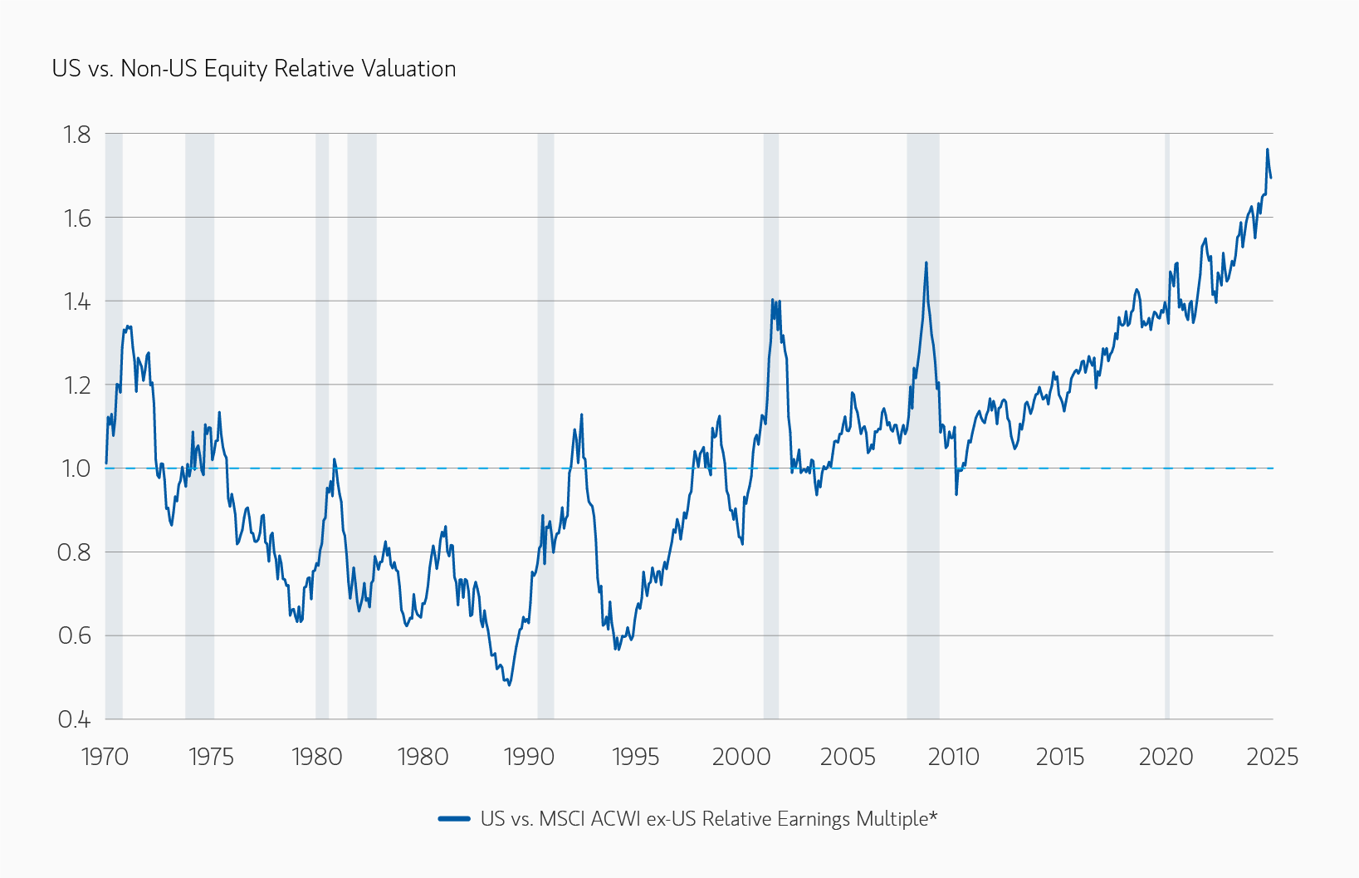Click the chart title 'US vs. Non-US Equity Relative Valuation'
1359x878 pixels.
(x=254, y=68)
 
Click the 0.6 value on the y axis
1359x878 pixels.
(x=74, y=636)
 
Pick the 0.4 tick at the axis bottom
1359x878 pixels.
(x=74, y=720)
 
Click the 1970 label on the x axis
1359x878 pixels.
(x=105, y=757)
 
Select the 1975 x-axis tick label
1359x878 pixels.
(x=211, y=757)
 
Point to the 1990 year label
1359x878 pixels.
(x=529, y=757)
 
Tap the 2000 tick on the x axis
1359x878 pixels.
(x=741, y=757)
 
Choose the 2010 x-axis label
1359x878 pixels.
(x=954, y=757)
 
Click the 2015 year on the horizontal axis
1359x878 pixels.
(x=1060, y=757)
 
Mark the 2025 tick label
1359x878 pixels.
(x=1272, y=757)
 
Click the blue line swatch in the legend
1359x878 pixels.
(x=454, y=819)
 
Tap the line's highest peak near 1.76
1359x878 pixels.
(x=1267, y=150)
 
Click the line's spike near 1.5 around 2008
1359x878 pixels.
(x=926, y=263)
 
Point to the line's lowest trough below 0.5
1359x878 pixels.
(x=509, y=684)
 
